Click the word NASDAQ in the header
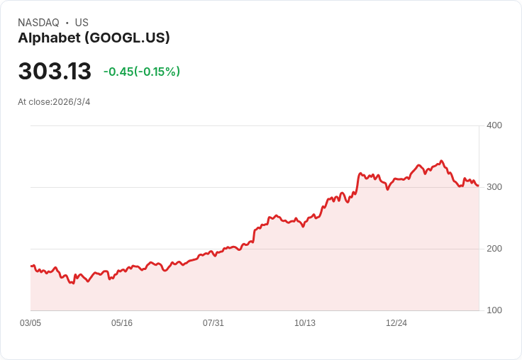(38, 23)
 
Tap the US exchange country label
(82, 23)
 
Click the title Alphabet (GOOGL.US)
(94, 38)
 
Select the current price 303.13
(55, 72)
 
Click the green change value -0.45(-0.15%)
(142, 72)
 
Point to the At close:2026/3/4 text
(54, 102)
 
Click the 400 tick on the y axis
(494, 125)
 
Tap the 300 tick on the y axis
(494, 187)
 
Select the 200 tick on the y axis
(494, 249)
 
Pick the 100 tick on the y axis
(494, 310)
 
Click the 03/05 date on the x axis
(30, 323)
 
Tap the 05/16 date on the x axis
(122, 323)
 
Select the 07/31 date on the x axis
(213, 323)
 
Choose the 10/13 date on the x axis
(305, 323)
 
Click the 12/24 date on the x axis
(396, 323)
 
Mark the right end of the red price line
(478, 186)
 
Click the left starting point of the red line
(31, 266)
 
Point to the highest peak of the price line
(441, 162)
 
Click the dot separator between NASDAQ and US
(67, 23)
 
